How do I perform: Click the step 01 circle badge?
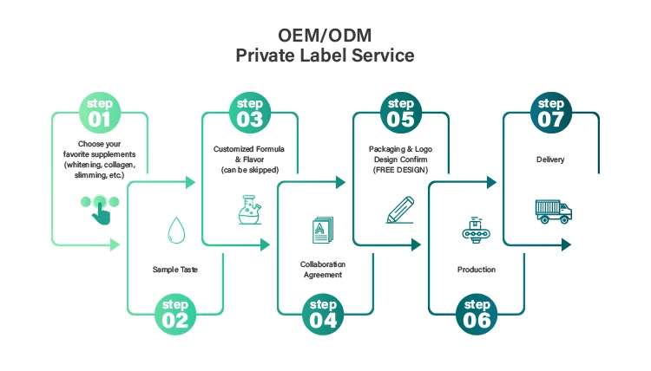pos(100,113)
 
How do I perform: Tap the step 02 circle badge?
pos(174,313)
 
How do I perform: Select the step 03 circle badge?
pos(250,113)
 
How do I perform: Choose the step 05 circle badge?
pos(400,113)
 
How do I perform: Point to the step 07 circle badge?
pos(550,113)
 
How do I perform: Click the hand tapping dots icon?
pos(100,208)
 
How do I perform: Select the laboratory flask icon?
pos(250,210)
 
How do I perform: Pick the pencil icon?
pos(400,211)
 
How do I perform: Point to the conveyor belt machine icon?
pos(476,231)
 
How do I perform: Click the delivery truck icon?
pos(552,211)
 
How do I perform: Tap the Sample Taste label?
pos(174,270)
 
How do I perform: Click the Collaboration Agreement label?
pos(323,269)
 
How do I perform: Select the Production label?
pos(477,270)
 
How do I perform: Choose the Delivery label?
pos(550,159)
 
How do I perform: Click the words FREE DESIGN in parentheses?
pos(400,171)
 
